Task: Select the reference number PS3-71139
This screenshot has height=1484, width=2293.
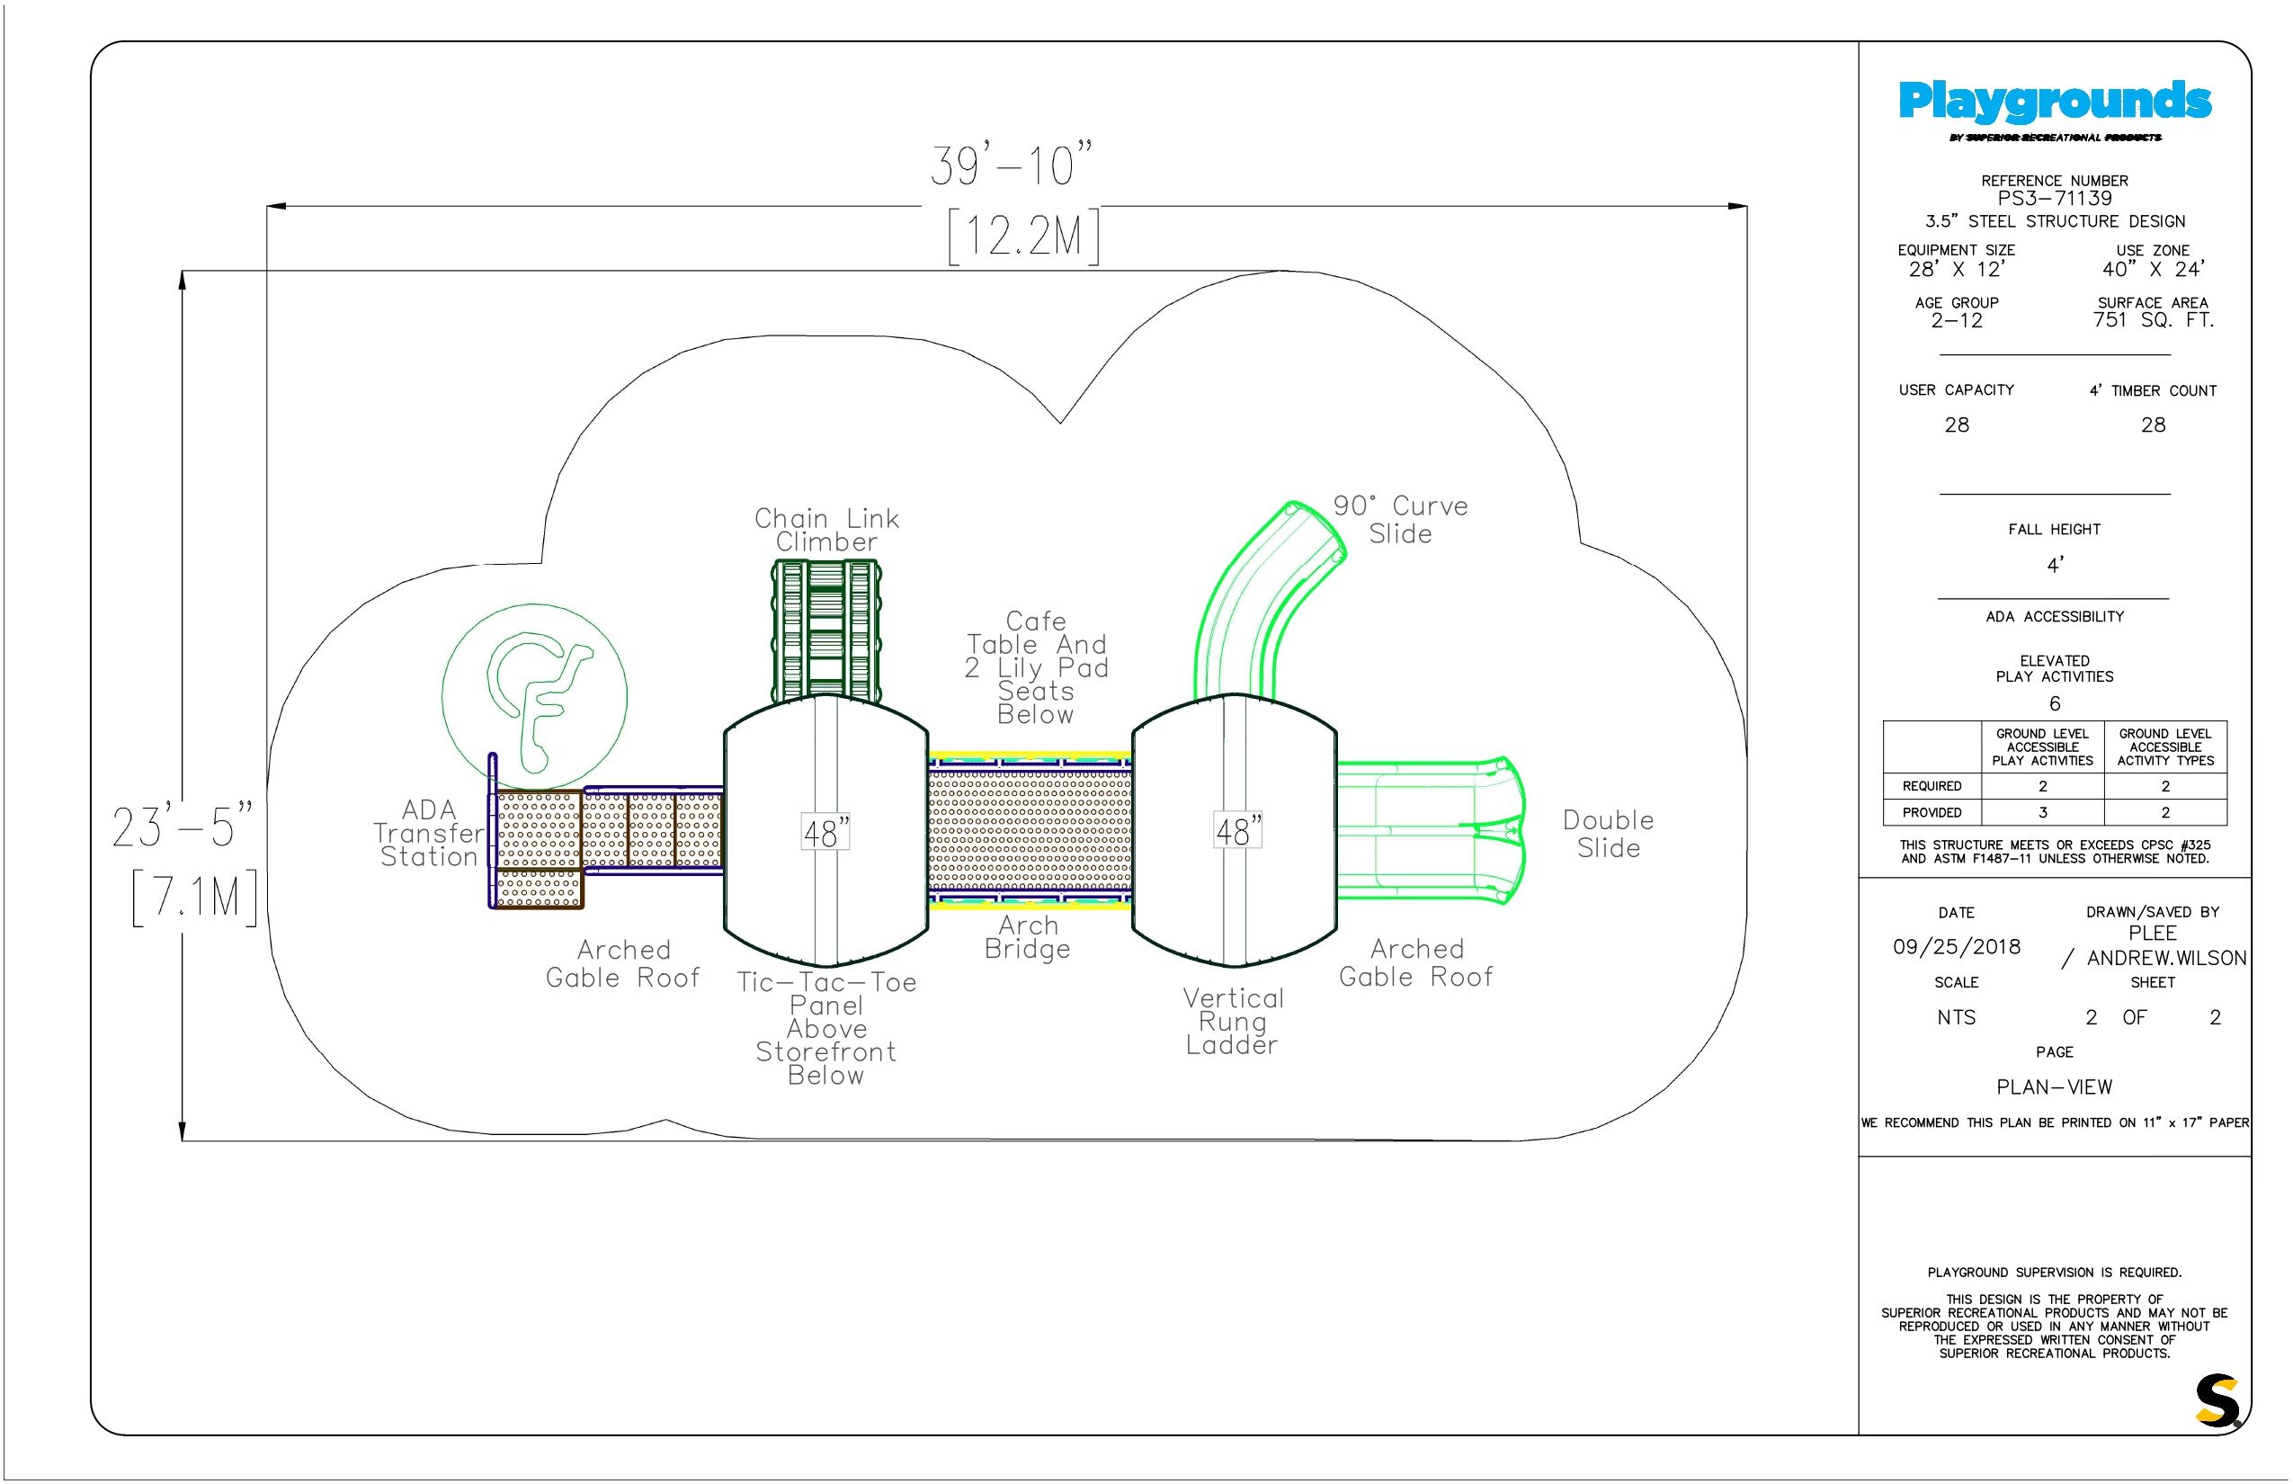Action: point(2054,199)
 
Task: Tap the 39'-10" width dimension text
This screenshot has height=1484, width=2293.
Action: point(1012,165)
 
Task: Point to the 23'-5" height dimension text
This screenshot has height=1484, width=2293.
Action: point(182,826)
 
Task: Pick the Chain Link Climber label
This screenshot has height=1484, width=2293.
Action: point(826,530)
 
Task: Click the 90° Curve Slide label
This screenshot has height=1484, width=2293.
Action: point(1400,520)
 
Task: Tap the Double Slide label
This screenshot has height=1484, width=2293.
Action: point(1608,834)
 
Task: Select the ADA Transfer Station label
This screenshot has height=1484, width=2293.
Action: point(429,834)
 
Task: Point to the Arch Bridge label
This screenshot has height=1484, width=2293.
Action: point(1027,937)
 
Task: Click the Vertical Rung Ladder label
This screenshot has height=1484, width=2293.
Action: point(1233,1022)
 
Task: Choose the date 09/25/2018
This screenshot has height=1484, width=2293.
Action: point(1957,946)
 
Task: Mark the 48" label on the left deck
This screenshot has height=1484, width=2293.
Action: point(825,832)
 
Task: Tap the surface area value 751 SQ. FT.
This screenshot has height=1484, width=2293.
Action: point(2154,320)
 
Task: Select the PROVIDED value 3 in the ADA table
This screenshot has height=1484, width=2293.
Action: point(2042,812)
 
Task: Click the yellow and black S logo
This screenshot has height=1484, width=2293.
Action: point(2217,1400)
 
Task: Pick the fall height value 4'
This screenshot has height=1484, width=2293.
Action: point(2055,565)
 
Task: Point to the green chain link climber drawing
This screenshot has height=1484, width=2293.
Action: point(825,631)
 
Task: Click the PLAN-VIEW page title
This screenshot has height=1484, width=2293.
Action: point(2054,1087)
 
